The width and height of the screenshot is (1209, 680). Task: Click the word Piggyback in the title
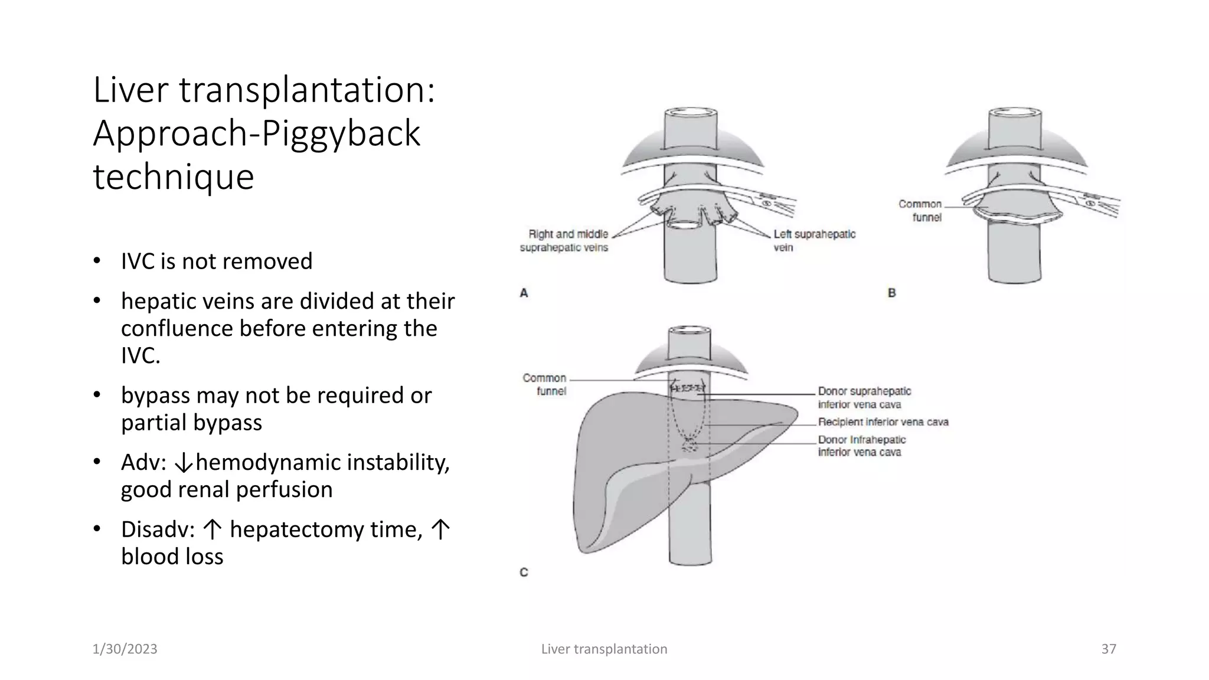[x=340, y=133]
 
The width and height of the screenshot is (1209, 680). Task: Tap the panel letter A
[x=524, y=293]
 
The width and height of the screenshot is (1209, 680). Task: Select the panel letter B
[x=891, y=293]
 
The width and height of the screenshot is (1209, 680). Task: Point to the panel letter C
[x=524, y=572]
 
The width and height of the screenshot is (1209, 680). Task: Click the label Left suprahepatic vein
[x=814, y=241]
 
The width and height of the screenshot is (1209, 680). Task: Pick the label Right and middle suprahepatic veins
[x=564, y=241]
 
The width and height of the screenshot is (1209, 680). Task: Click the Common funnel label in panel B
[x=920, y=211]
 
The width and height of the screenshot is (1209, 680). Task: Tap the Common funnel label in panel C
[x=544, y=384]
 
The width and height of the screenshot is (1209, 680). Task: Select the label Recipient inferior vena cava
[x=883, y=422]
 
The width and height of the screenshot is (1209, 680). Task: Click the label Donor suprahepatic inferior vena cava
[x=864, y=398]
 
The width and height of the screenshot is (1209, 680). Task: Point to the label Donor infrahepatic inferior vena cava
[x=861, y=446]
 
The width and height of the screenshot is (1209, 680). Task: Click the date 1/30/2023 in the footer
[x=125, y=649]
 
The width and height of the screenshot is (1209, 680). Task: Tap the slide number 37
[x=1108, y=649]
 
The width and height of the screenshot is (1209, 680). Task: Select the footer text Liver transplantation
[x=604, y=649]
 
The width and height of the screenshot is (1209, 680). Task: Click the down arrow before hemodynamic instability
[x=184, y=463]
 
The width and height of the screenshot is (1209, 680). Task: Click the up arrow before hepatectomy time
[x=213, y=530]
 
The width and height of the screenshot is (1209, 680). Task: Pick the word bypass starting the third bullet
[x=151, y=395]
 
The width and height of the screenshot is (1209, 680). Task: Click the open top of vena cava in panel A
[x=691, y=112]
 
